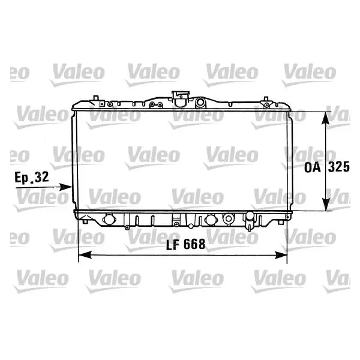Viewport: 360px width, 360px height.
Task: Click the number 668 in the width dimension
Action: [194, 244]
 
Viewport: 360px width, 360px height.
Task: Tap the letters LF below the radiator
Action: [172, 244]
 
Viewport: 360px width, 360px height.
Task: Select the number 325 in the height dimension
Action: [338, 167]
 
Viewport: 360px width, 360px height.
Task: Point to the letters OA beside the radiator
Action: [312, 167]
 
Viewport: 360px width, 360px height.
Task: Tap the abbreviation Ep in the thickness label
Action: [22, 178]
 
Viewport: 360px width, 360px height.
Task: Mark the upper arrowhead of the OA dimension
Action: [326, 118]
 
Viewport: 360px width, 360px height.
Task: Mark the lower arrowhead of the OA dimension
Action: [326, 204]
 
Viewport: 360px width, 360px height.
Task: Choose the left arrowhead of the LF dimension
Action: [85, 254]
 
